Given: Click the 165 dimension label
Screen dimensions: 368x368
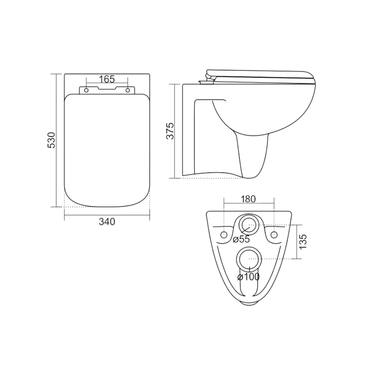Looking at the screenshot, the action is click(107, 79).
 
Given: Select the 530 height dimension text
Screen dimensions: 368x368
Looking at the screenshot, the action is click(52, 140).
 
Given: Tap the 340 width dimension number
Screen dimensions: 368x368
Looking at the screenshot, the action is click(107, 222).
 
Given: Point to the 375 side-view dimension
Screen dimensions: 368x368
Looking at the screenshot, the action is click(170, 131).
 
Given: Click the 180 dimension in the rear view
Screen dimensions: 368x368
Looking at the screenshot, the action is click(248, 199).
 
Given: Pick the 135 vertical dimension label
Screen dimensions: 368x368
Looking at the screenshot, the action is click(303, 242).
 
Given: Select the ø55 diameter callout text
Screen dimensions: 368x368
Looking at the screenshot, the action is click(241, 239).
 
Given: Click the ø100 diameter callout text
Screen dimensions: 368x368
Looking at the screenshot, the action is click(248, 277).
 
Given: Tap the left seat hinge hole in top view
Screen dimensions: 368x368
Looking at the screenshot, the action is click(86, 90).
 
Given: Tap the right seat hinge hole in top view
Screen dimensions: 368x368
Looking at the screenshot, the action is click(128, 90).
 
